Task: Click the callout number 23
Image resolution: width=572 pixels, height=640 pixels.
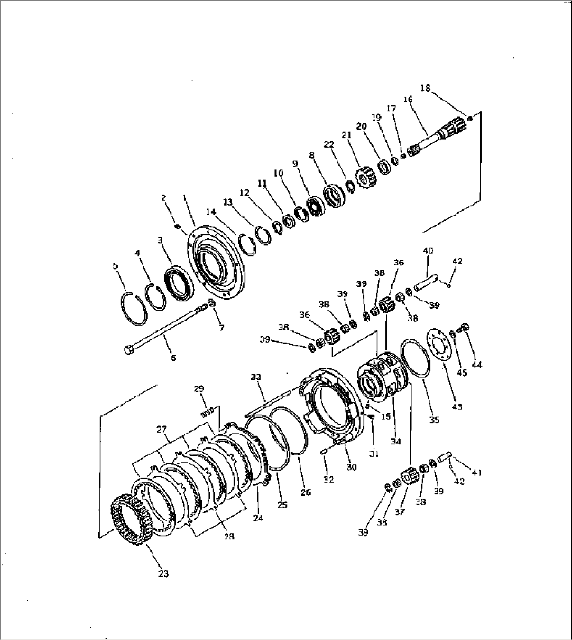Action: pos(163,574)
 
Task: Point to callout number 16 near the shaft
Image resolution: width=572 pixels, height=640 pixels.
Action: pos(408,100)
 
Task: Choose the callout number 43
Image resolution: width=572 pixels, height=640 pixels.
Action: pos(458,407)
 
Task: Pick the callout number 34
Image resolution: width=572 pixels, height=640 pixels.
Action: pos(396,442)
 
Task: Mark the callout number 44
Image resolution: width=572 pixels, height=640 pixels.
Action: pos(478,365)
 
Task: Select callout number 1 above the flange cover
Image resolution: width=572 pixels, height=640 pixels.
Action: pos(185,198)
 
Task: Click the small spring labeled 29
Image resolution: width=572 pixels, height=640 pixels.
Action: pos(208,411)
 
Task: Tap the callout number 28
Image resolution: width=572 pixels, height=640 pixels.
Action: pos(229,537)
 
